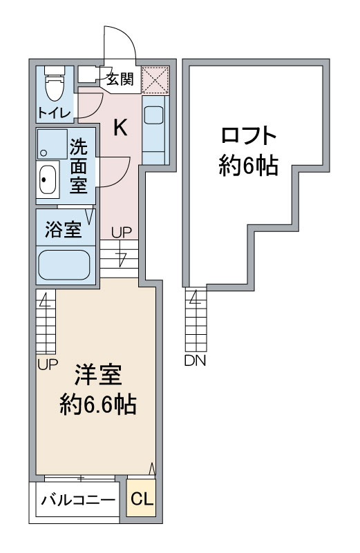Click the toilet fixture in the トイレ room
pos(55,84)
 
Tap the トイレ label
pos(55,113)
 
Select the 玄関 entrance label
pos(121,79)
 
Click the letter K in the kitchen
pos(120,127)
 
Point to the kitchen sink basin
pos(154,115)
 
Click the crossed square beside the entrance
pos(155,79)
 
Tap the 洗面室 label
pos(78,166)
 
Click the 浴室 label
pos(64,230)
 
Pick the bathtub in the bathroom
pos(64,265)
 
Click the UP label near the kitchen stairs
pos(122,233)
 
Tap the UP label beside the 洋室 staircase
pos(48,365)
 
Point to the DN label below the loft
pos(195,360)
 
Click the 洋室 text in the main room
pos(98,375)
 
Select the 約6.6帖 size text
pos(98,404)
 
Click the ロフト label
pos(249,136)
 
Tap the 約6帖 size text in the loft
pos(249,166)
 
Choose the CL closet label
pos(142,498)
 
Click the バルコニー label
pos(78,500)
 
